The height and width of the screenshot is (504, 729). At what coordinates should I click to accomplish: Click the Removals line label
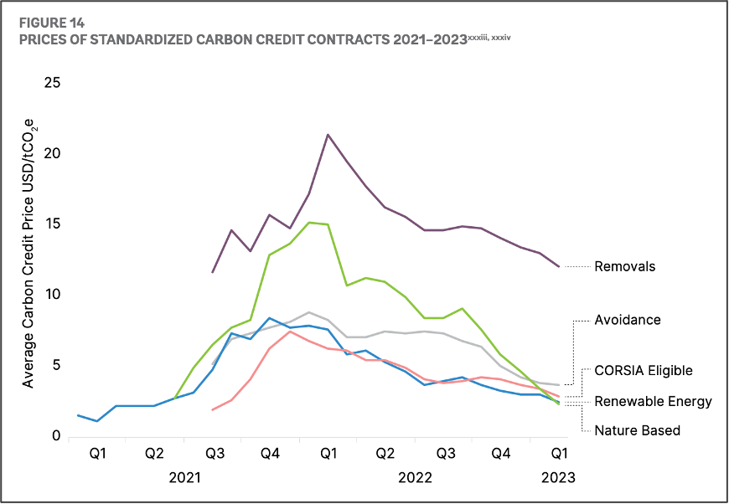(x=624, y=267)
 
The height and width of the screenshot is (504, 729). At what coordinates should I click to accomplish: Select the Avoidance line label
(x=628, y=320)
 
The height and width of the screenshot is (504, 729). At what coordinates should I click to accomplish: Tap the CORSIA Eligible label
(x=644, y=370)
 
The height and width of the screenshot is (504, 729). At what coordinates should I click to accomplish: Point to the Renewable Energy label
(x=653, y=401)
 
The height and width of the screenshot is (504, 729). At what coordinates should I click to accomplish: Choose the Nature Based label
(x=637, y=430)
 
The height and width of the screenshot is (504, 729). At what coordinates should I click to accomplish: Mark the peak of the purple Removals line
(x=328, y=135)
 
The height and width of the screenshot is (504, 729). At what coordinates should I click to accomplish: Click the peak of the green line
(x=309, y=222)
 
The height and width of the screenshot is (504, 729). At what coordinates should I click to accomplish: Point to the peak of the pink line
(x=290, y=332)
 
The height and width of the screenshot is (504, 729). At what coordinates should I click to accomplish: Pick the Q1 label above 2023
(x=557, y=454)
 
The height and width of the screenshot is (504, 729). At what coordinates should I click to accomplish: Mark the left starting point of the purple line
(x=213, y=272)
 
